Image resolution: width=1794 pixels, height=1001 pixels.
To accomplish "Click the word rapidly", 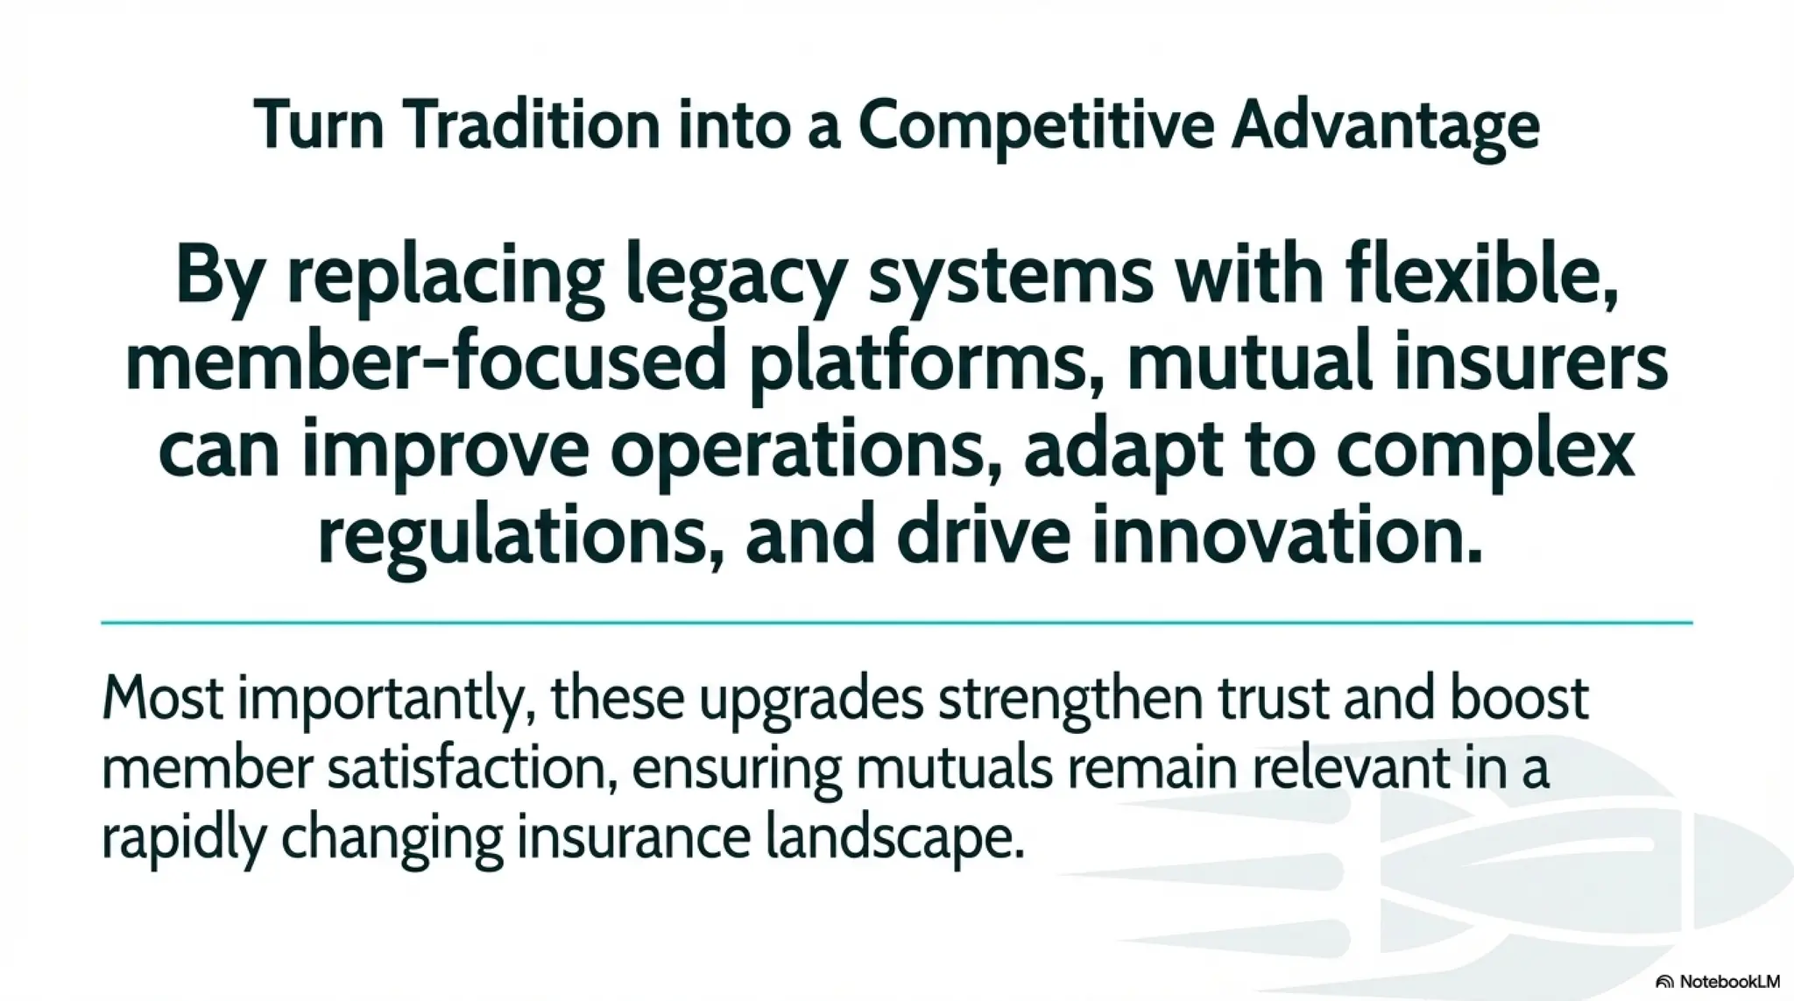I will [183, 839].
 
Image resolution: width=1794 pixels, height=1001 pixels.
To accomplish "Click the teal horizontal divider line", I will [896, 623].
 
